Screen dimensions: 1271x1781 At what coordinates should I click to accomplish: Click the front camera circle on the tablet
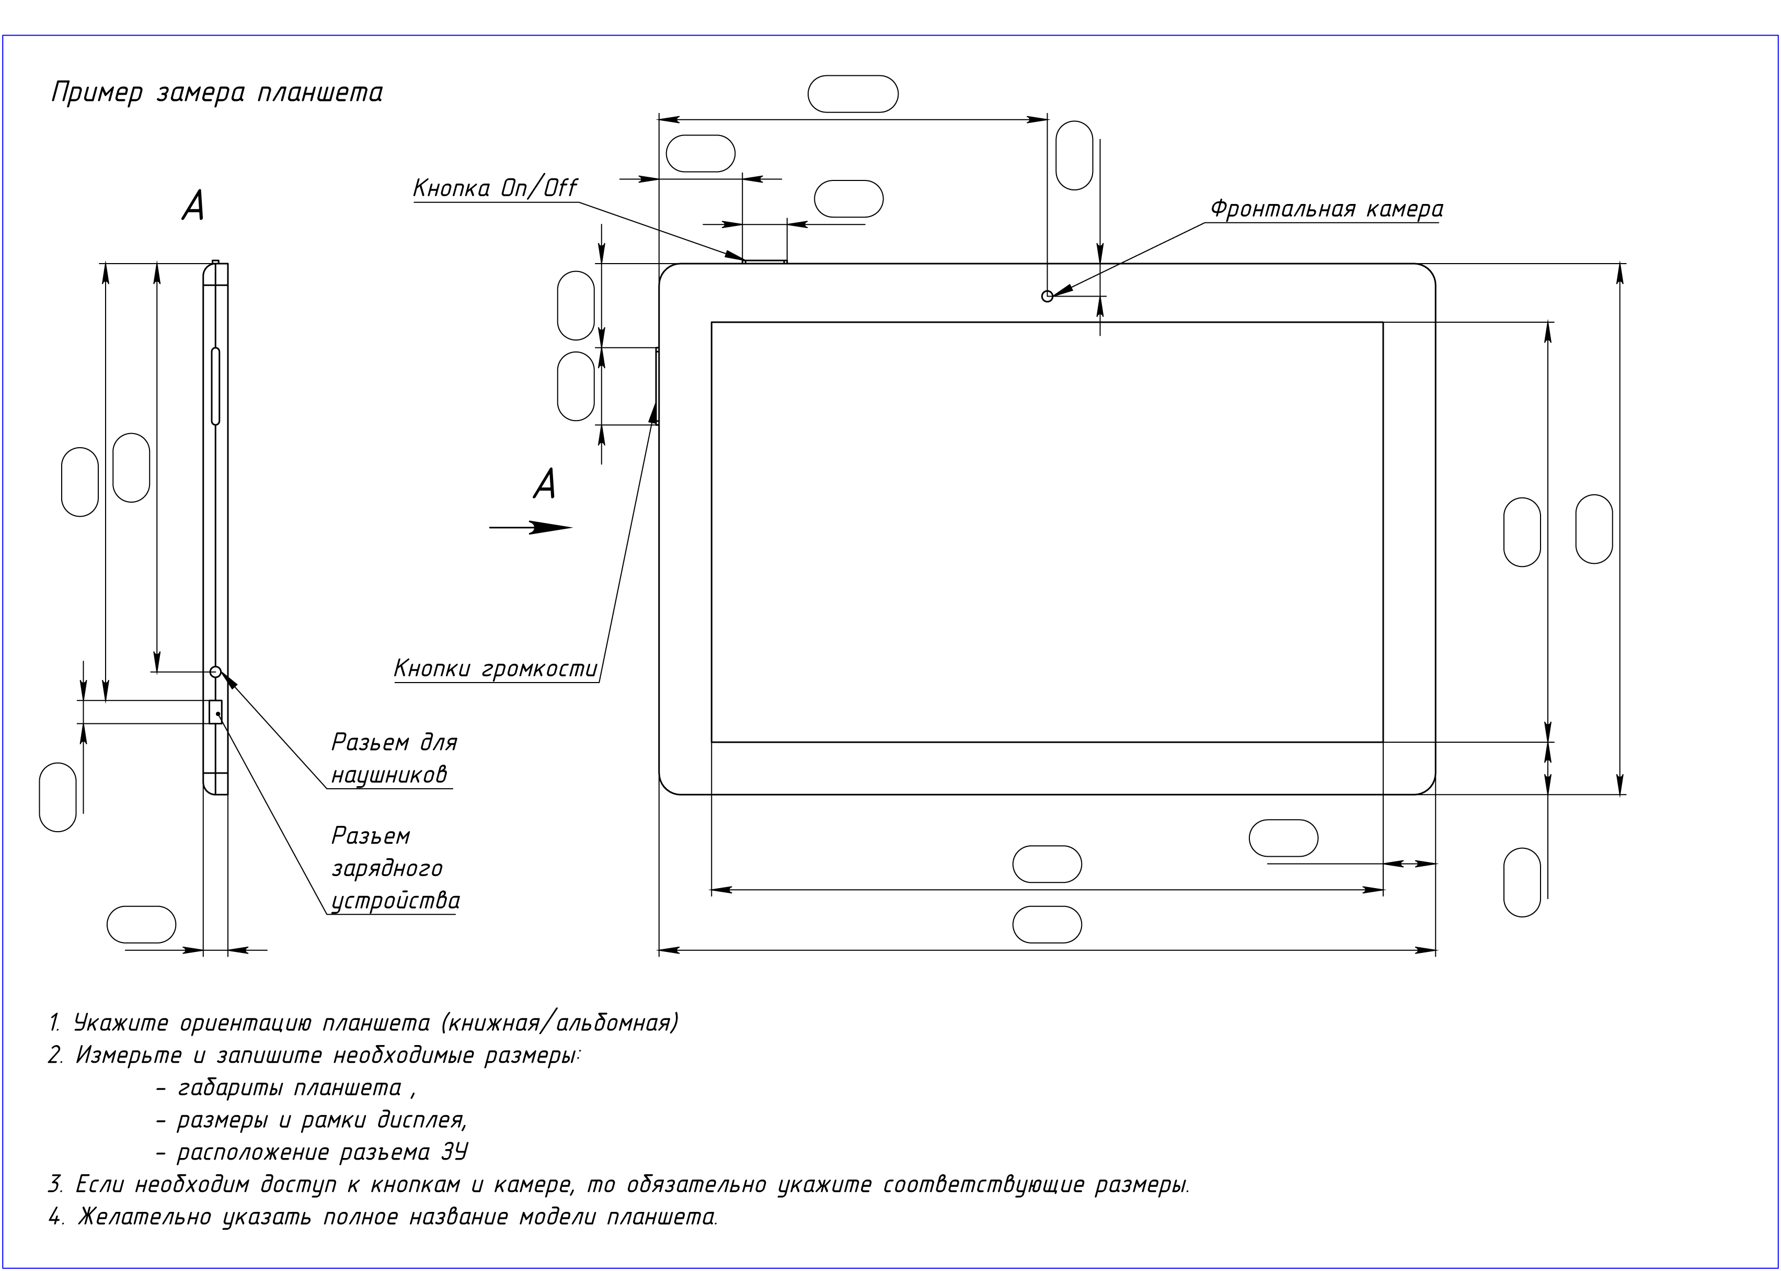(x=1048, y=296)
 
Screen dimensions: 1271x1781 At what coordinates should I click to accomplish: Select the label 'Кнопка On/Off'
(x=495, y=189)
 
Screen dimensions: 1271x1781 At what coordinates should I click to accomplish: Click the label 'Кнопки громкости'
(x=495, y=669)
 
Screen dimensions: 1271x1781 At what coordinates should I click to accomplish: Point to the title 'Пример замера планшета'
(x=216, y=93)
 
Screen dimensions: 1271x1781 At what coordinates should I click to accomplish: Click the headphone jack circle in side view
(x=216, y=672)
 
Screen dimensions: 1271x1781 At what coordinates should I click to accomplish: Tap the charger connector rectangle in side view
(x=216, y=711)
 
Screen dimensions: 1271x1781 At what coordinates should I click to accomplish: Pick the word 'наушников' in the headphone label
(x=389, y=774)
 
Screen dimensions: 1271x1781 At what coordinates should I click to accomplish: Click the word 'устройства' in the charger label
(x=395, y=901)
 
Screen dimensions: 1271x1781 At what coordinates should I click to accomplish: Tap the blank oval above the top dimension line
(x=853, y=94)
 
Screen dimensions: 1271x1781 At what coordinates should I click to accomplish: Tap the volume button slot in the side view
(x=216, y=386)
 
